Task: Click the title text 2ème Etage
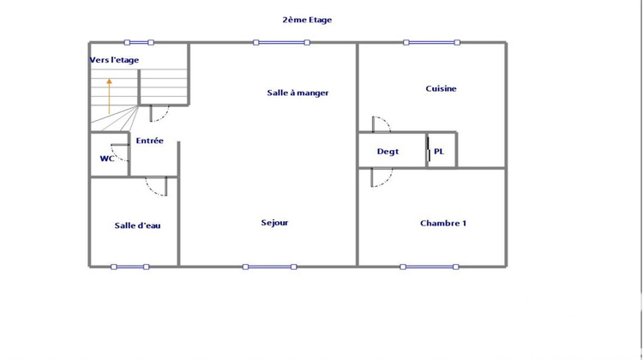(306, 19)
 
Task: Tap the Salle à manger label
(297, 93)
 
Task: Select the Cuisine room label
(441, 88)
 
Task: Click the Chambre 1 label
(442, 224)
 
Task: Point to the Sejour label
(274, 223)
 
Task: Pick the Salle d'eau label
(137, 225)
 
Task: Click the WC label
(107, 158)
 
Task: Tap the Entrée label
(149, 141)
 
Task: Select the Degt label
(388, 152)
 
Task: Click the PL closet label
(439, 152)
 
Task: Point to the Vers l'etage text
(114, 60)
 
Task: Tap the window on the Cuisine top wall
(431, 42)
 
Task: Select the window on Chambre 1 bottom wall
(430, 267)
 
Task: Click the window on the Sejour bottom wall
(270, 267)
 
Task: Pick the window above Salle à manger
(280, 42)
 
